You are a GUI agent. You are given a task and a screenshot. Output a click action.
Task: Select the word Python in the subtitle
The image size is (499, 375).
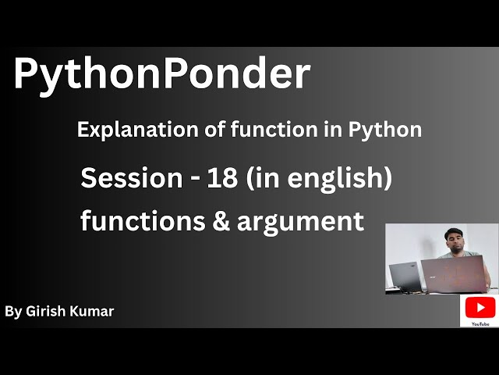click(x=390, y=130)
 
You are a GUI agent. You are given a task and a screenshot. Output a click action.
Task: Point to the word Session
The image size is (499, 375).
click(x=131, y=178)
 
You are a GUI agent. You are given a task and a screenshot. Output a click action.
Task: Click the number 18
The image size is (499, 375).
click(x=224, y=178)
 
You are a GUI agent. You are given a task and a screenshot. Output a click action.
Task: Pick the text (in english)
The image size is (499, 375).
click(x=318, y=179)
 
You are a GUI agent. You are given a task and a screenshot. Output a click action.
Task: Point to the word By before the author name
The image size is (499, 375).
click(x=12, y=312)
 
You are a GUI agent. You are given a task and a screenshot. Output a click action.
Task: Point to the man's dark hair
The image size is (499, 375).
click(x=455, y=230)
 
